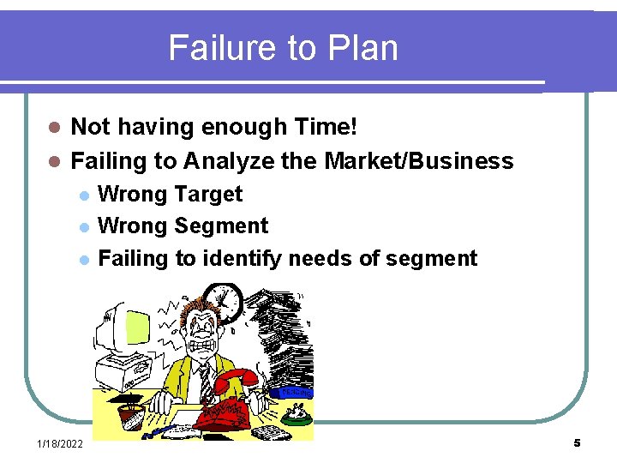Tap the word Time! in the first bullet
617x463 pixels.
[325, 128]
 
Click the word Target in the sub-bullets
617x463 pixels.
[208, 195]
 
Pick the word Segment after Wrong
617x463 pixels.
[221, 226]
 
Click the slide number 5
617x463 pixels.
[577, 443]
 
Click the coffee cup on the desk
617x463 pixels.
[130, 417]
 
